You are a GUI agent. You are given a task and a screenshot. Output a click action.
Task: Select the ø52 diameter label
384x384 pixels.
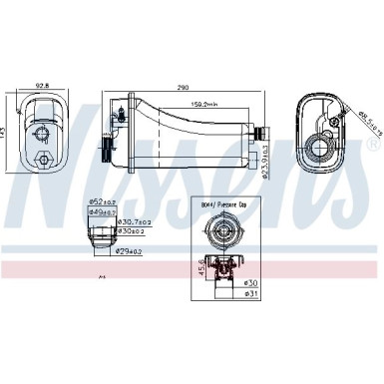tap(102, 203)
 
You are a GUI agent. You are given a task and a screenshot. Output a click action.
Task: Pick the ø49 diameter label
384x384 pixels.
tap(102, 211)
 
